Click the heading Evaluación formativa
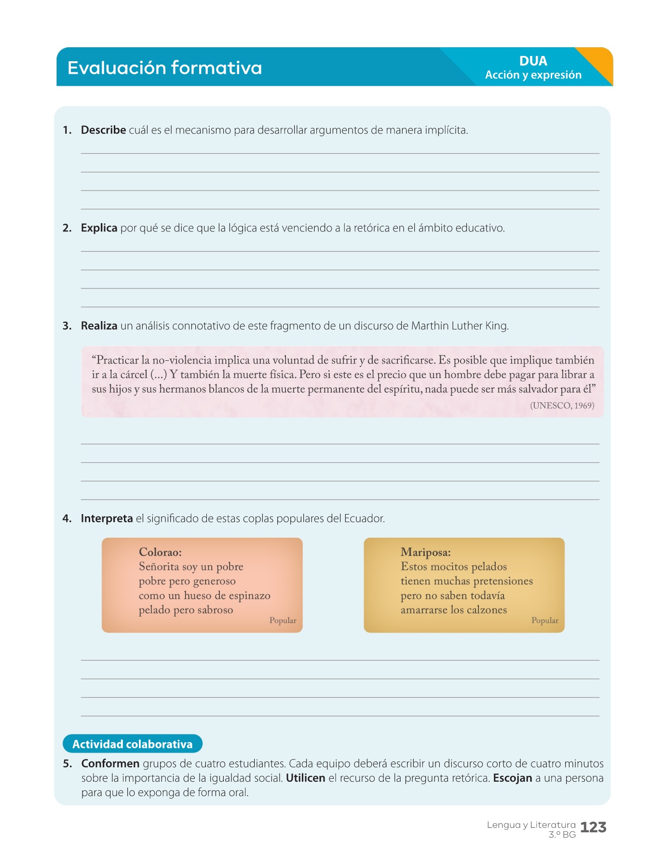164,68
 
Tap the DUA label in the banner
533,61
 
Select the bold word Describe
103,130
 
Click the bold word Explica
99,228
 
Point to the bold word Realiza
99,326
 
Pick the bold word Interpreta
107,519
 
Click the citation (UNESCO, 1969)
562,406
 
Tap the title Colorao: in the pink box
160,552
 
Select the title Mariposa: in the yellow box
425,552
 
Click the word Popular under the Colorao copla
283,621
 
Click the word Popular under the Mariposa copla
544,621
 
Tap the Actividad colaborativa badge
132,744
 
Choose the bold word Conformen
110,764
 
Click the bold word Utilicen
305,778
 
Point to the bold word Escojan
512,778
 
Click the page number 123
593,827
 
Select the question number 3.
67,326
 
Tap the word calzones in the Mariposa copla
487,610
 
